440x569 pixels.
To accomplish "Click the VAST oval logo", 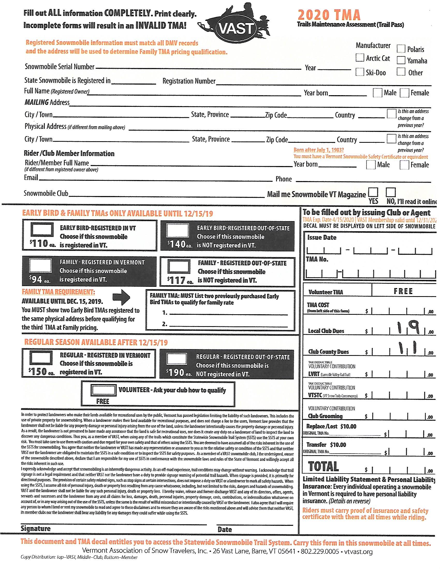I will (237, 29).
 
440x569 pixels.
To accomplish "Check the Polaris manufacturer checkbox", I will (401, 49).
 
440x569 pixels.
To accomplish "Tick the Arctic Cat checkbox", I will (360, 58).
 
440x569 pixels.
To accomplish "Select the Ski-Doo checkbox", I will (360, 72).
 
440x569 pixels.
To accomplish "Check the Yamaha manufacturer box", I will (401, 61).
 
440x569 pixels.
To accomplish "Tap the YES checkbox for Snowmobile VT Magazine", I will (373, 192).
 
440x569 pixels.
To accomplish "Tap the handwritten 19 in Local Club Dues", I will (408, 328).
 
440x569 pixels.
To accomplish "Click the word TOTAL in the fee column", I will (323, 466).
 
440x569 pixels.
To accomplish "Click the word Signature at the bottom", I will (36, 528).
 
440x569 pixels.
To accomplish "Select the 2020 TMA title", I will (329, 15).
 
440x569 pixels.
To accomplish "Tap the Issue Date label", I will (322, 237).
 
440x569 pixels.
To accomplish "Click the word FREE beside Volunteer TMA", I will (403, 291).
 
